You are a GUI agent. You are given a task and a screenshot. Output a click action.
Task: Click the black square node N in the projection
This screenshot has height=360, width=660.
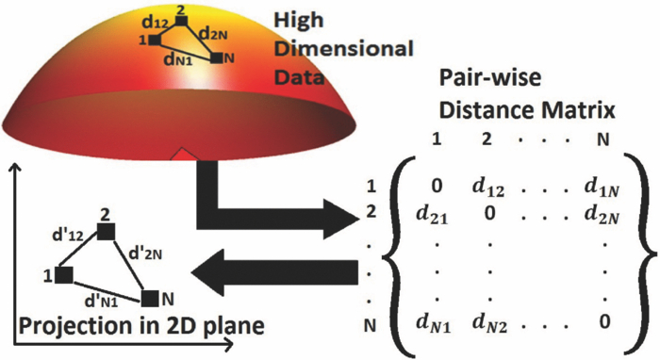tap(150, 298)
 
